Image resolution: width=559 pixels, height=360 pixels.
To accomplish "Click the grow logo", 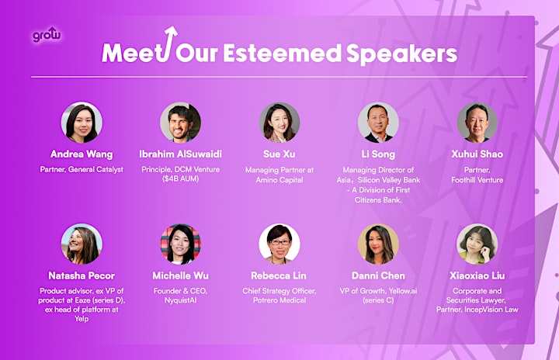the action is tap(47, 35).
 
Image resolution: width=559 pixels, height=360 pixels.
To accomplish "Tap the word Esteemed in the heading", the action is tap(282, 54).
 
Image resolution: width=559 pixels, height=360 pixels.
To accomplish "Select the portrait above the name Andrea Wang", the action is tap(82, 123).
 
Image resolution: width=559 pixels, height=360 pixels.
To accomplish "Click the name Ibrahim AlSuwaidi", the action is tap(180, 154).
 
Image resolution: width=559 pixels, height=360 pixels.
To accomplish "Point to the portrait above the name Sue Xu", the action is tap(279, 123).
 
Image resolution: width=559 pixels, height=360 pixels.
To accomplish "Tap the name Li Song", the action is tap(378, 154).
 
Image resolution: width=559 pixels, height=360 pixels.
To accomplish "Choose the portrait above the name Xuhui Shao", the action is tap(477, 123).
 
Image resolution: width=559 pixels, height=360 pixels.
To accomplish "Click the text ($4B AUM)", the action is tap(180, 178).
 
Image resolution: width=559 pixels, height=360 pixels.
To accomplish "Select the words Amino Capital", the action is tap(279, 180).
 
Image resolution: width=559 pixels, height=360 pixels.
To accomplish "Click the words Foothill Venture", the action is tap(477, 180).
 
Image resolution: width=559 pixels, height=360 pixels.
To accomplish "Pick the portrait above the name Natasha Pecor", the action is tap(82, 244).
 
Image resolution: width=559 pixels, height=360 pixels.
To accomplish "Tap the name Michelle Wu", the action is tap(180, 275).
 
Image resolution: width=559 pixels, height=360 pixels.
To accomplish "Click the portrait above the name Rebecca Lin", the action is tap(279, 244).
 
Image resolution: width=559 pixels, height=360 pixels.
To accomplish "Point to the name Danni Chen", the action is tap(378, 275).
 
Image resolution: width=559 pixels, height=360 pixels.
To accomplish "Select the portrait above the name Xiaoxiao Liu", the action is tap(477, 244).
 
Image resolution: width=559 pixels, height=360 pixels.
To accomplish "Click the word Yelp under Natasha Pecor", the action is tap(82, 319).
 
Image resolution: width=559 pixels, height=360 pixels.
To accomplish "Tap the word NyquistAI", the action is tap(180, 300).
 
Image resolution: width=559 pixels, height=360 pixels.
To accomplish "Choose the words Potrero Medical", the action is tap(279, 300).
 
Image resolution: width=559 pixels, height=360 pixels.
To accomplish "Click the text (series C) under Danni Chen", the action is tap(378, 300).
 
